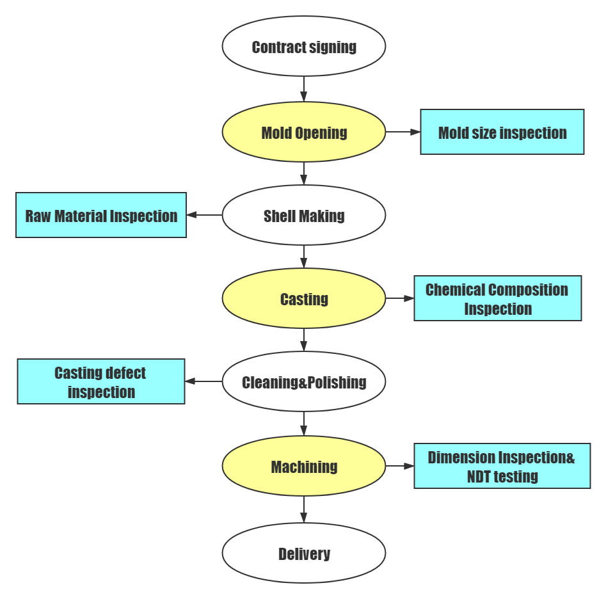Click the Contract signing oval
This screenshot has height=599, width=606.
point(303,47)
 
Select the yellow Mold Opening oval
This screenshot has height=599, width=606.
point(303,132)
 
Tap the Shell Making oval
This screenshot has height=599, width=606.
point(303,216)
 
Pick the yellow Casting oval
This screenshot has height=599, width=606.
point(303,299)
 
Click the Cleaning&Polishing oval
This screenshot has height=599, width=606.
point(303,382)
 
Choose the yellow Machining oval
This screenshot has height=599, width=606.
point(303,467)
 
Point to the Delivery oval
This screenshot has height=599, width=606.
point(303,553)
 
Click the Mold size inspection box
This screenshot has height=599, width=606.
point(502,132)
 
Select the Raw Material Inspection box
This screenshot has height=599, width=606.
point(101,215)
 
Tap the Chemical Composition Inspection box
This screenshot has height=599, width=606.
point(497,298)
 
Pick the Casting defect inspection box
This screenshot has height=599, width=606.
point(101,381)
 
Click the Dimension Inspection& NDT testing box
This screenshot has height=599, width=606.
point(502,466)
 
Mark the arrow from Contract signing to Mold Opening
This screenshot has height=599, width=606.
point(303,89)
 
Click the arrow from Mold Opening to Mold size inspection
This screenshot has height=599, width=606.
point(403,132)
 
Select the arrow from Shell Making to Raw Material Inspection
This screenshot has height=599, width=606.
point(204,215)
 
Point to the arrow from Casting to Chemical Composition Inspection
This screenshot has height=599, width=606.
point(400,298)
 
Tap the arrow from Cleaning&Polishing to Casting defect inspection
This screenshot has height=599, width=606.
point(203,381)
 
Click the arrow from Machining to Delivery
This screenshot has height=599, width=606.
point(303,509)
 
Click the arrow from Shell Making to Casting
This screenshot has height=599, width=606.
point(303,257)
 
